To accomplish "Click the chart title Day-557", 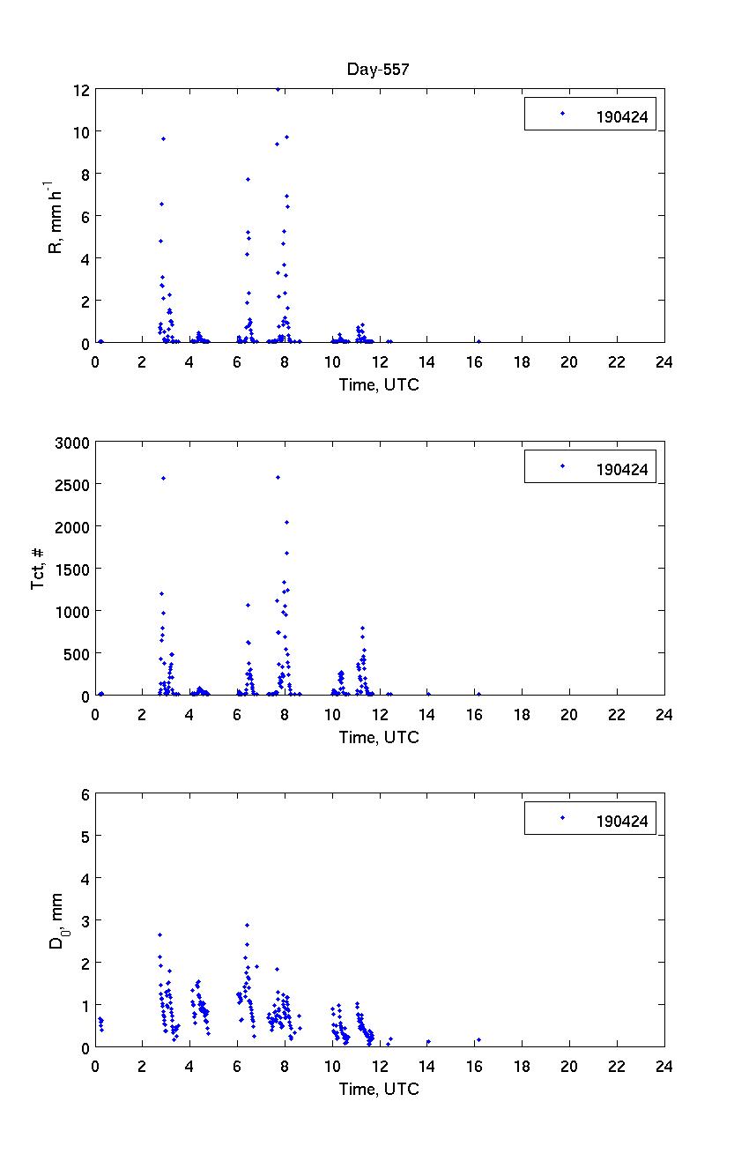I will coord(379,71).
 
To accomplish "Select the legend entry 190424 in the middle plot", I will coord(622,469).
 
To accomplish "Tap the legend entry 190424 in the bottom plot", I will coord(622,822).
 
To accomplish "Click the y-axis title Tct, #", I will coord(39,569).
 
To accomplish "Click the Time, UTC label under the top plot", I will coord(379,384).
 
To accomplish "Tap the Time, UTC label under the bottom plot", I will coord(379,1089).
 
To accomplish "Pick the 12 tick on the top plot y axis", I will coord(81,90).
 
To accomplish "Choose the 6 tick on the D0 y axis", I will coord(85,794).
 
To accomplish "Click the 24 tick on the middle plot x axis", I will coord(664,714).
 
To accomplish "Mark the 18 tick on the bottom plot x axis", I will coord(522,1066).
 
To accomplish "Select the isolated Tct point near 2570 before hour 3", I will coord(164,478).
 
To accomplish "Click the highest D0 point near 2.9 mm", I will coord(247,925).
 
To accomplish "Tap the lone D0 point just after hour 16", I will coord(478,1040).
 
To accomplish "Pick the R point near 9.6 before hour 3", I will coord(163,138).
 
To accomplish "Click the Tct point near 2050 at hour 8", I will coord(286,522).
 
